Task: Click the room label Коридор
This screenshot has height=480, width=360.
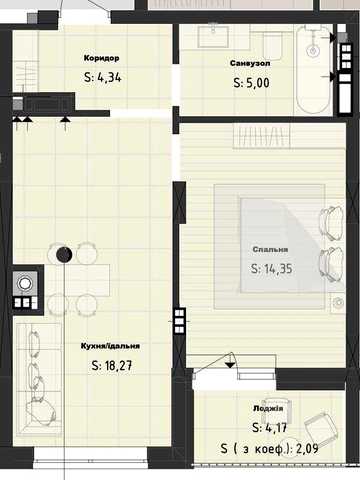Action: [x=101, y=58]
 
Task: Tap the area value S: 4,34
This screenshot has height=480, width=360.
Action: [x=103, y=77]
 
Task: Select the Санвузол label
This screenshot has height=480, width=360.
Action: [x=250, y=63]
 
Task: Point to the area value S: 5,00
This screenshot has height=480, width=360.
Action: [x=251, y=82]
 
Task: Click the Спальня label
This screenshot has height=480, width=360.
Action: [x=270, y=249]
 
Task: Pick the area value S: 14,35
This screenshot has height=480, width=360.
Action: [x=271, y=268]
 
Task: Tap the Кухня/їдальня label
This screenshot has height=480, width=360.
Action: [x=110, y=346]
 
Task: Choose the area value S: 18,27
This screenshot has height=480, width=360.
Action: [x=112, y=366]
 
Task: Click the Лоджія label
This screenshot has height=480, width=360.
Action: [x=268, y=409]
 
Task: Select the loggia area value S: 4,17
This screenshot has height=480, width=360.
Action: [x=269, y=427]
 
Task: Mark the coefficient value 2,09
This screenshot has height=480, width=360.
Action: [x=307, y=449]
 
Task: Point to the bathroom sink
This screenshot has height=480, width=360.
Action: [x=213, y=37]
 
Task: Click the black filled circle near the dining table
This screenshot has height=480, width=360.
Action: [x=64, y=255]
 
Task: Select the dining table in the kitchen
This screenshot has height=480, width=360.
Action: [x=87, y=280]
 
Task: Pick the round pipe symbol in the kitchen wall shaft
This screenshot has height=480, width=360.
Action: [x=25, y=284]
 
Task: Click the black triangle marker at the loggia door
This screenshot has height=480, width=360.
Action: [x=230, y=365]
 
